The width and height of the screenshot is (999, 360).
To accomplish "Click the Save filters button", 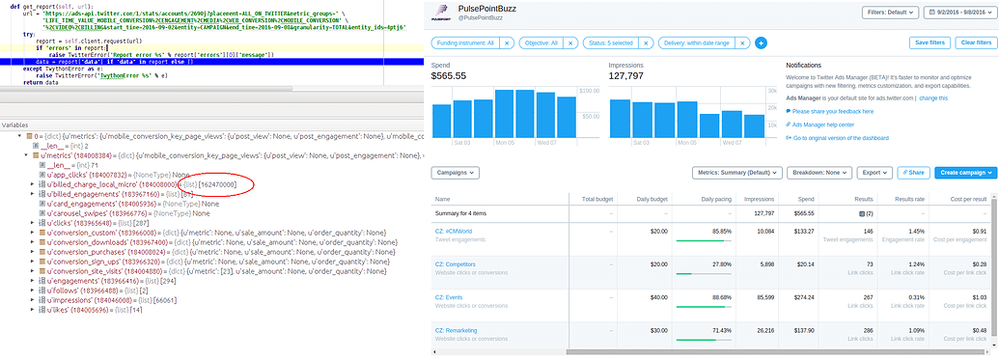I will coord(930,42).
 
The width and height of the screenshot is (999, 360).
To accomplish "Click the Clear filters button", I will coord(976,42).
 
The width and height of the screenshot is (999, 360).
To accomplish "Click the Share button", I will coord(913,173).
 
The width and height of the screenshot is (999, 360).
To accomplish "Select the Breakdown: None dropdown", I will coord(820,173).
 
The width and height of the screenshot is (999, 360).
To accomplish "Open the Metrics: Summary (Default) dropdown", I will coord(735,173).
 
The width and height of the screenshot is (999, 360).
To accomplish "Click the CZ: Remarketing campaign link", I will coord(457,330).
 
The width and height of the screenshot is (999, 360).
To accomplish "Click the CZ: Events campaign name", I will coord(450,297).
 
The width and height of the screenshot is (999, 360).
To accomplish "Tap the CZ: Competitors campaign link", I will coord(456,263).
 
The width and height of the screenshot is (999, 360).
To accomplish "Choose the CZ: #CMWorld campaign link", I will coord(454,231).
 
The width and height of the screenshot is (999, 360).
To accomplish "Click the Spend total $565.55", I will coord(448,75).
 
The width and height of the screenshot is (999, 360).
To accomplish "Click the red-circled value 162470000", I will coord(217,183).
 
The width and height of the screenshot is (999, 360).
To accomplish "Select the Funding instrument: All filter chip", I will coord(466,43).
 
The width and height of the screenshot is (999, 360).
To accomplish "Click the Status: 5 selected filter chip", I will coord(618,43).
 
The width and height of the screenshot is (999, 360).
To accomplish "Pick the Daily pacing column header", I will coord(712,199).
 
